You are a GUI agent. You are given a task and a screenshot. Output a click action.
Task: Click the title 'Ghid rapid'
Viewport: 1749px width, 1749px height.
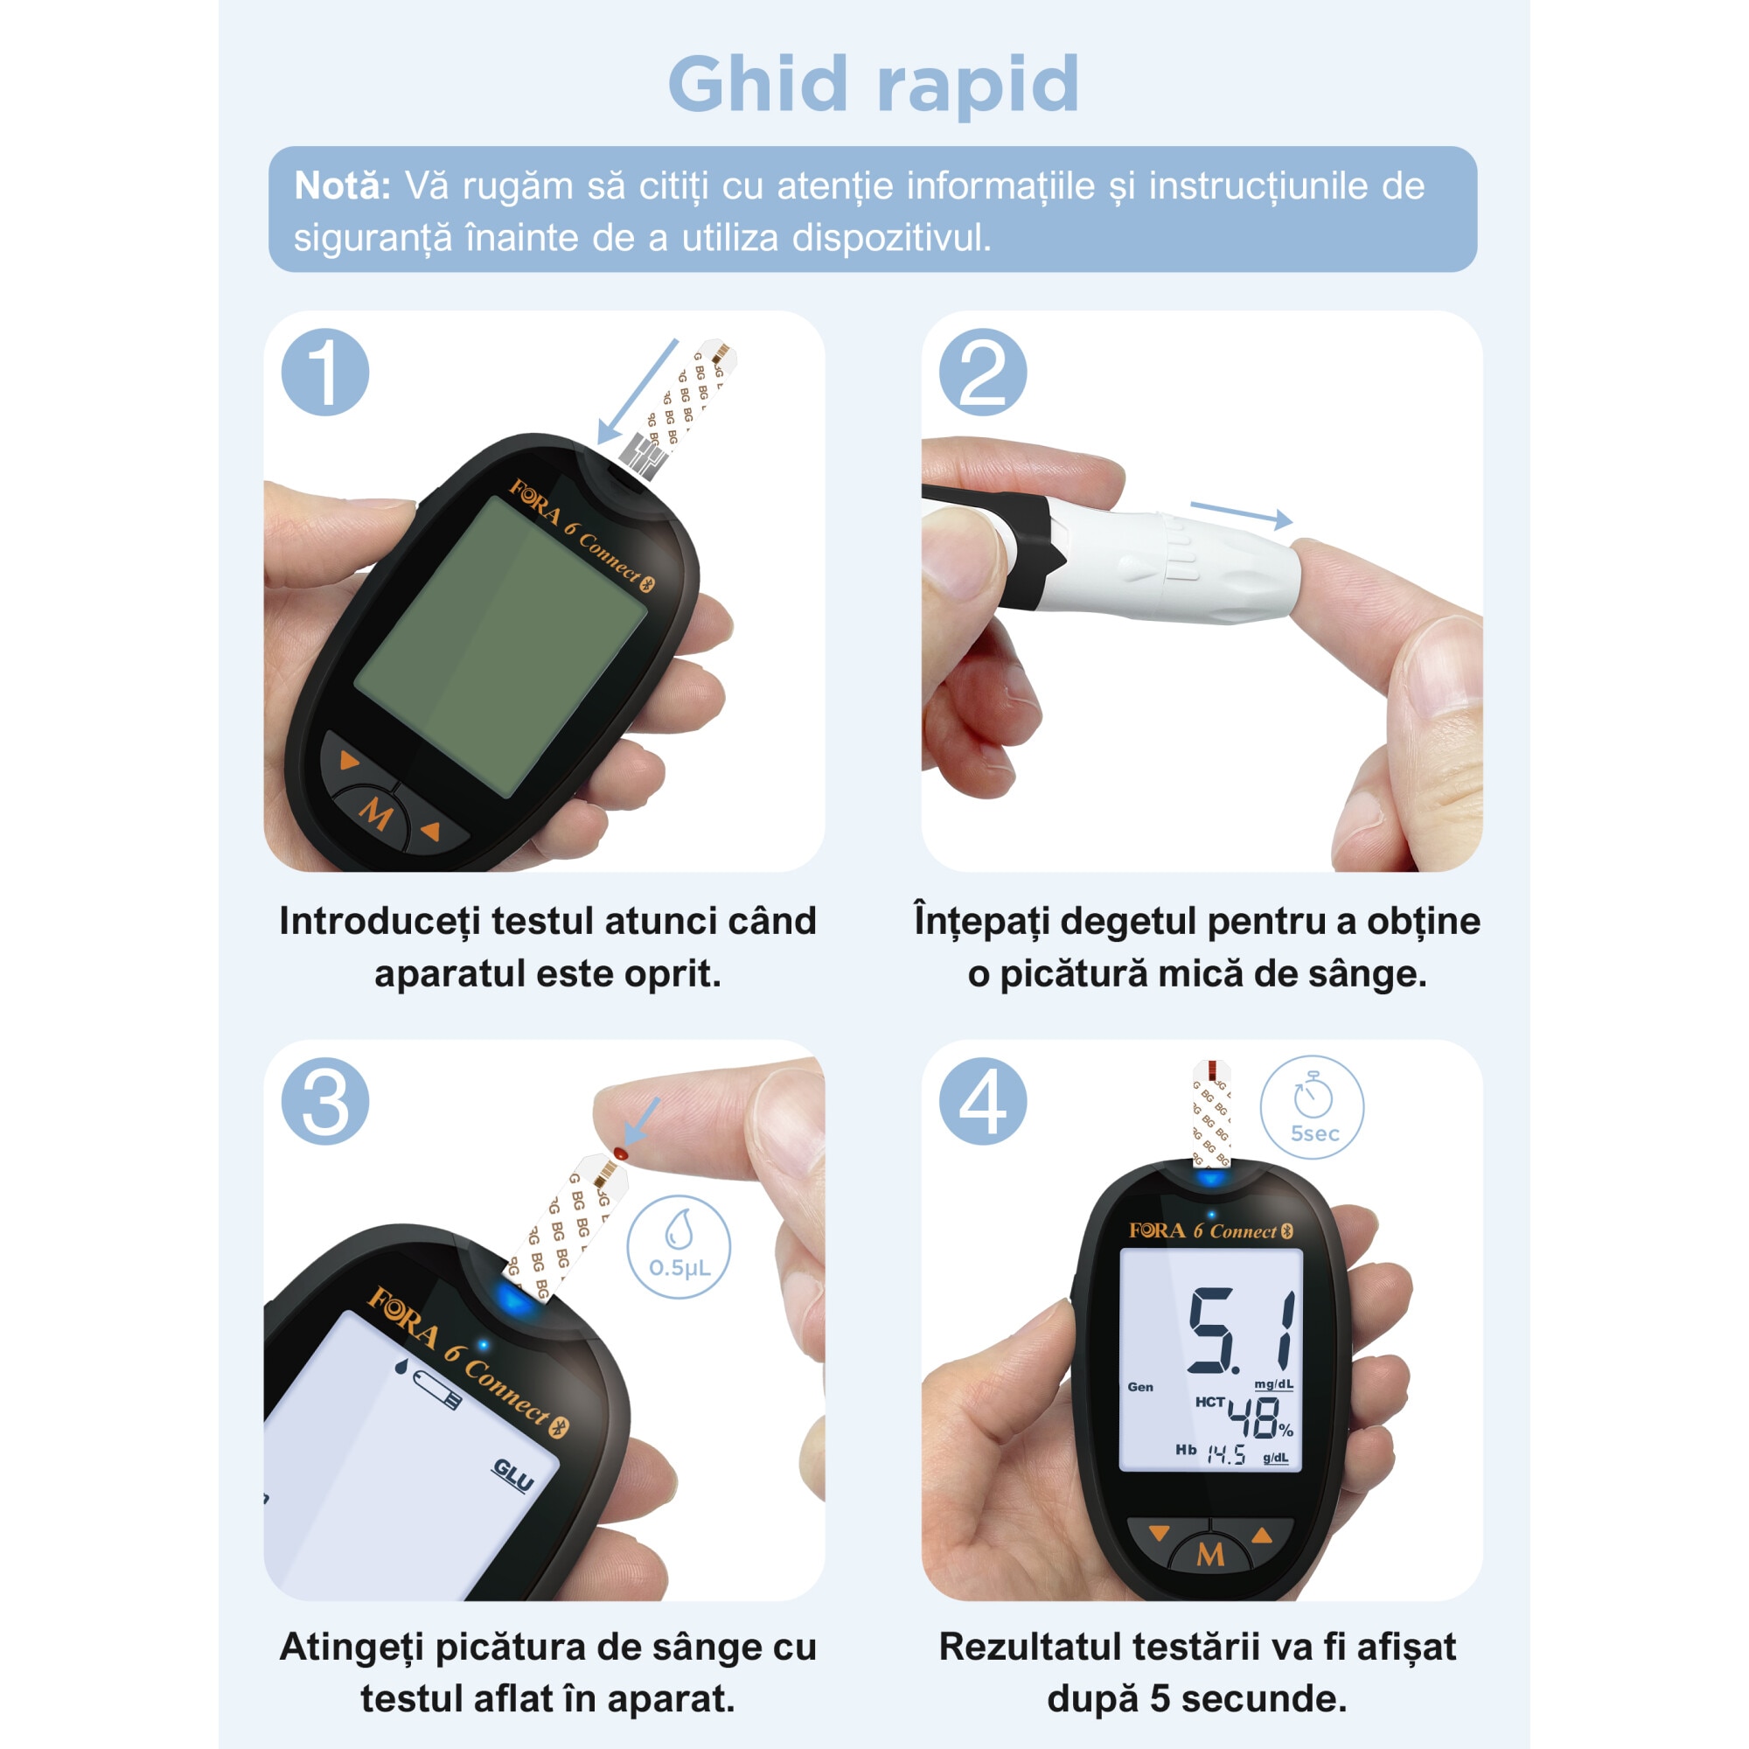click(x=874, y=84)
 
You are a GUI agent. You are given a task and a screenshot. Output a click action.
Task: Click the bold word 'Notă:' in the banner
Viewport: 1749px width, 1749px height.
click(x=342, y=185)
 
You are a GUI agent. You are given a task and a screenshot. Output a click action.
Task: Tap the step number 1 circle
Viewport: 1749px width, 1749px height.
click(x=325, y=372)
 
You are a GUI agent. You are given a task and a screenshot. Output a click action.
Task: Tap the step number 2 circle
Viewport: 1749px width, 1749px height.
click(x=983, y=372)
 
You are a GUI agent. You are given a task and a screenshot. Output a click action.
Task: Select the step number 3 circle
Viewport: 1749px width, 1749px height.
click(x=325, y=1102)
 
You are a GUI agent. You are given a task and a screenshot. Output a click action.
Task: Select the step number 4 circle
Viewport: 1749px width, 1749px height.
click(x=983, y=1102)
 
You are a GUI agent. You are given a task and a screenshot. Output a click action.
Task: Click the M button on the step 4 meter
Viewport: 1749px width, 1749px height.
click(x=1210, y=1554)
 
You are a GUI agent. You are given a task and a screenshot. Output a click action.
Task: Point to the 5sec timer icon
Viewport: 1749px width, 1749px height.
click(x=1312, y=1107)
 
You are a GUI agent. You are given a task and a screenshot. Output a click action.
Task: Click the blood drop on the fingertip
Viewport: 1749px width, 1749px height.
click(x=620, y=1153)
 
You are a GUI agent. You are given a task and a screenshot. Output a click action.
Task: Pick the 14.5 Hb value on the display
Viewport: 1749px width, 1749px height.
click(x=1227, y=1456)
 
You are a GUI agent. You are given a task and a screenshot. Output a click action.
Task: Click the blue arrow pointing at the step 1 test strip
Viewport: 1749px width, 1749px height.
click(x=637, y=391)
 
